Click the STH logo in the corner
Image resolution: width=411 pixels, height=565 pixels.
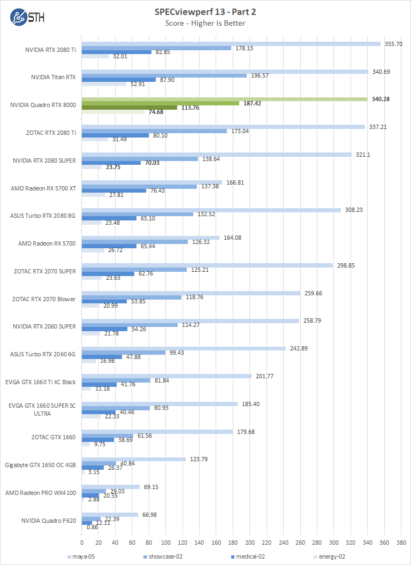(x=27, y=16)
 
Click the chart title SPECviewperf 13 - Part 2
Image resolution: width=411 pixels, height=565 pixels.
(x=205, y=12)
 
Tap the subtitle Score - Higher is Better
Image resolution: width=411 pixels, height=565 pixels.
(x=205, y=23)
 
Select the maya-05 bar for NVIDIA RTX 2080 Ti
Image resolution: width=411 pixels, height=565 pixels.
(x=231, y=44)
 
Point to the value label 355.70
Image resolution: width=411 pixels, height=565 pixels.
(x=393, y=44)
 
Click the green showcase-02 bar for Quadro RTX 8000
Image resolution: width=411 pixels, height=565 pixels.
(x=160, y=103)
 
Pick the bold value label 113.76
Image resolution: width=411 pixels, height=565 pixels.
(x=191, y=108)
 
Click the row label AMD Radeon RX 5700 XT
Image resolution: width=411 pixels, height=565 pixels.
(x=43, y=188)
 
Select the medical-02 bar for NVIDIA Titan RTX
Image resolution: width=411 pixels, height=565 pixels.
(x=118, y=80)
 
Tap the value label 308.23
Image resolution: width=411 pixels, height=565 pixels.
(x=352, y=210)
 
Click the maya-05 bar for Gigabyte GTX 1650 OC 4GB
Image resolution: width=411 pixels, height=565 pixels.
(x=133, y=459)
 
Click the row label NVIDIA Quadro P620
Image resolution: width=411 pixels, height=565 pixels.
(x=48, y=520)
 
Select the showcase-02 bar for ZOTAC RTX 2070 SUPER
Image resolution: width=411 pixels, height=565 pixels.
(x=134, y=269)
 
